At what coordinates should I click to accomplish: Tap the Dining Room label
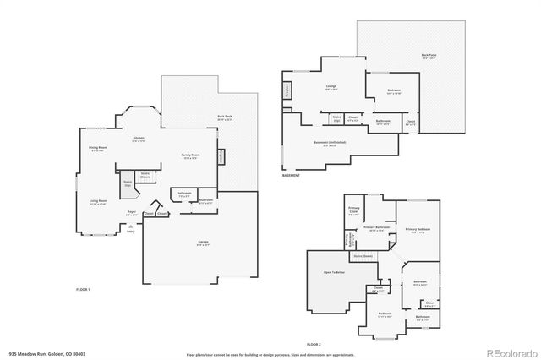point(98,148)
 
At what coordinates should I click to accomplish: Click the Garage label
point(204,243)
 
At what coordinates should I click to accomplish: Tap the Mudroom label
point(205,200)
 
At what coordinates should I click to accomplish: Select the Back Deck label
point(224,117)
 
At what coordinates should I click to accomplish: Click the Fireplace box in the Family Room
point(221,156)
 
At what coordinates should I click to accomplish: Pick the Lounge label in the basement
point(331,87)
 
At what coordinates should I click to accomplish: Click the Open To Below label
point(334,273)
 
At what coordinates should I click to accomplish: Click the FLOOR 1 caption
point(83,290)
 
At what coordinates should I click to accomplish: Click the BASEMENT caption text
point(291,175)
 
